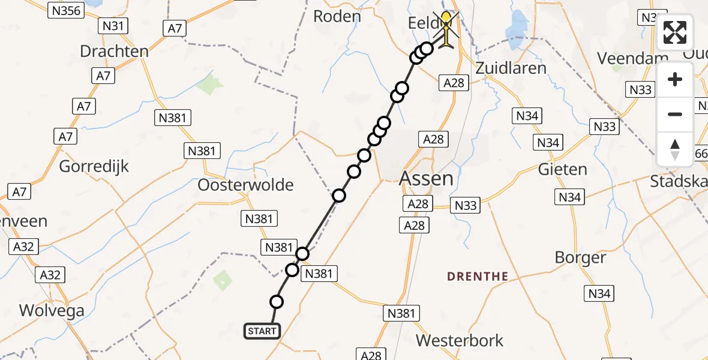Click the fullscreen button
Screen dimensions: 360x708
coord(675,32)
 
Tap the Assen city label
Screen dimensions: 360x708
coord(426,178)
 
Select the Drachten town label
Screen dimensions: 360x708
coord(114,51)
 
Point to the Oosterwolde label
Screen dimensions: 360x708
coord(246,185)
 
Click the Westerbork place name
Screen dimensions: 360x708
coord(460,341)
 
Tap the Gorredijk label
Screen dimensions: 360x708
coord(94,166)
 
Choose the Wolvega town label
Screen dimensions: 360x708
coord(52,310)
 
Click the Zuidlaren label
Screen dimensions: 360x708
coord(511,67)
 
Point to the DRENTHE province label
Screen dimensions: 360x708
coord(478,277)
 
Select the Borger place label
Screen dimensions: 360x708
coord(580,257)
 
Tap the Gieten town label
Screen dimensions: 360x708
coord(562,169)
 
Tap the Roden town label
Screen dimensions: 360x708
coord(337,16)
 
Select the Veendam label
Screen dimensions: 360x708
coord(623,58)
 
